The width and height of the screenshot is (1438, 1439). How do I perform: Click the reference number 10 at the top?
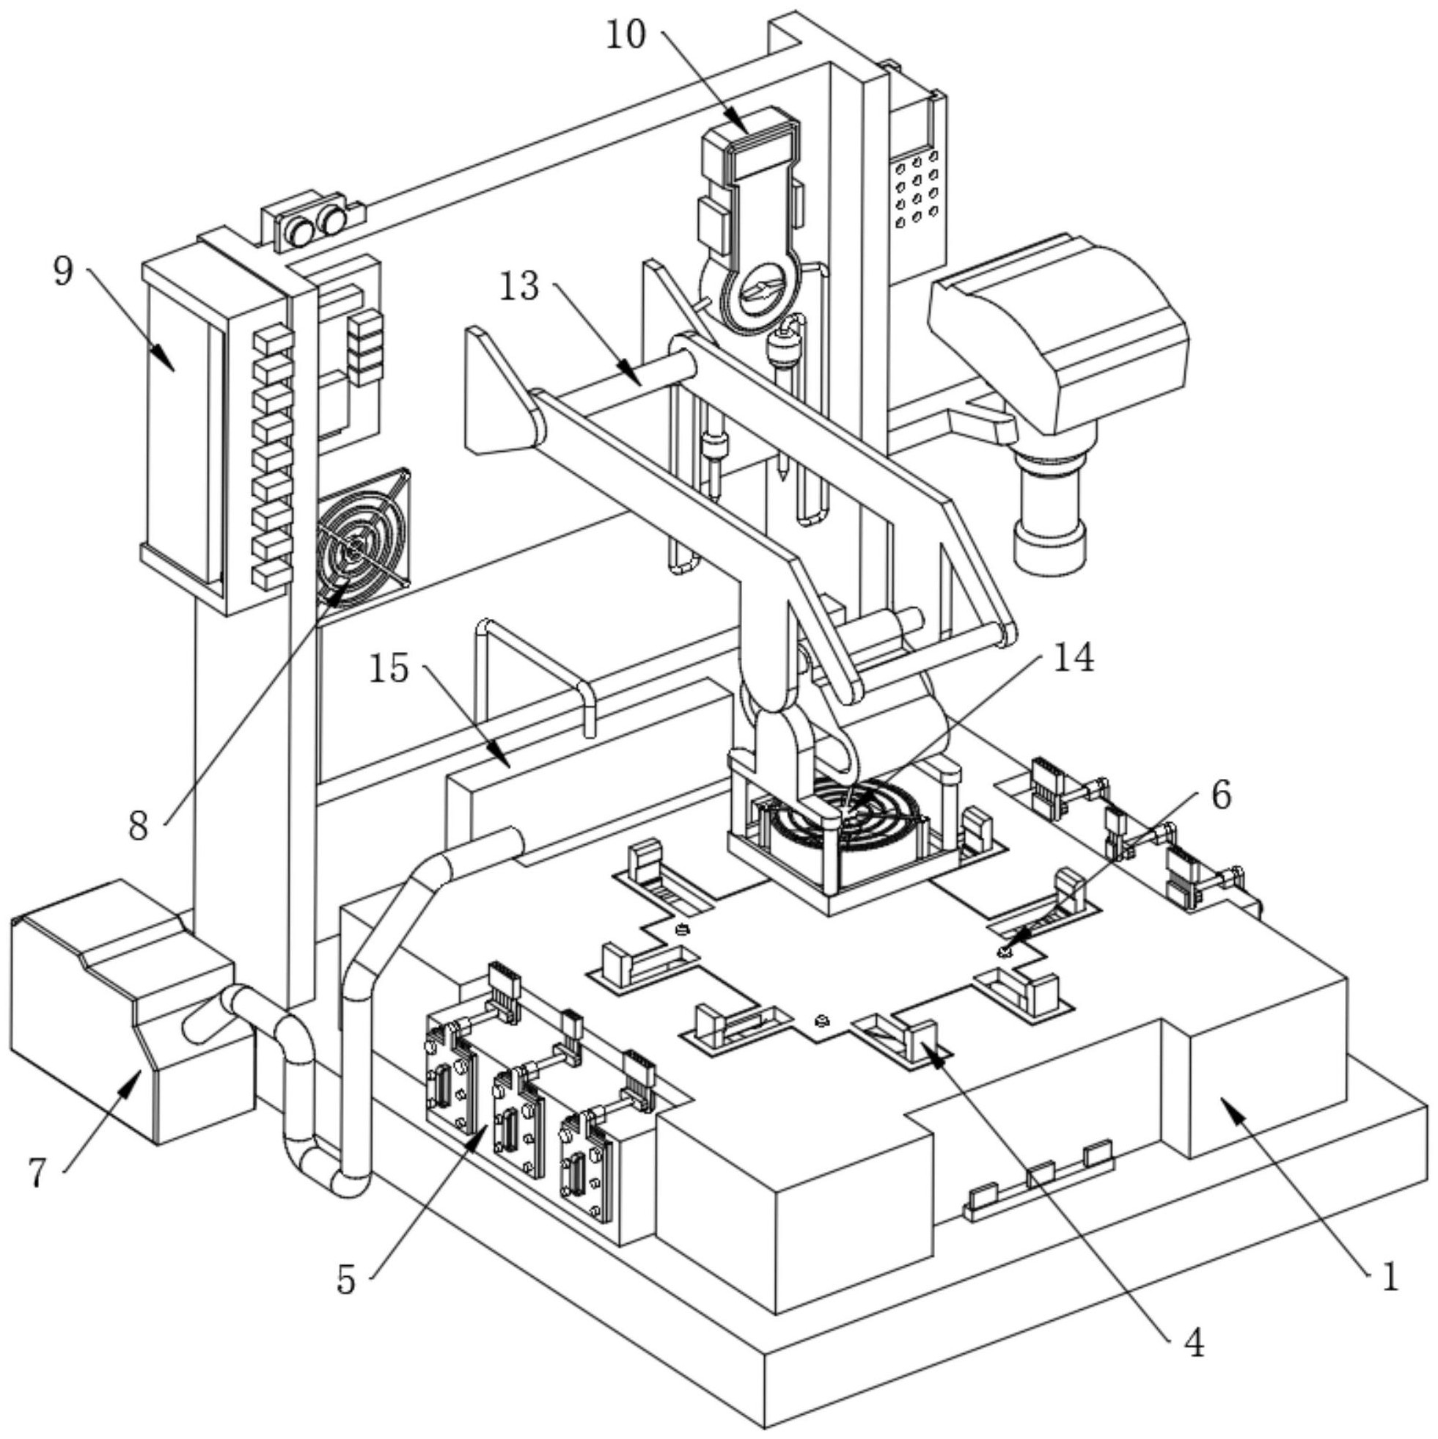point(625,36)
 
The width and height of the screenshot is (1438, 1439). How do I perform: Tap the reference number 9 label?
point(63,271)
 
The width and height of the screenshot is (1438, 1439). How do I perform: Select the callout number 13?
point(519,286)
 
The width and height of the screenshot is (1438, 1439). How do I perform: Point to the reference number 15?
point(389,668)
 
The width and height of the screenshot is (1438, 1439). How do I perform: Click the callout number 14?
point(1072,659)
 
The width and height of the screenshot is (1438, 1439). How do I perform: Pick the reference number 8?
point(139,825)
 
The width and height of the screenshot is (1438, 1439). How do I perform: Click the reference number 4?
point(1194,1343)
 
